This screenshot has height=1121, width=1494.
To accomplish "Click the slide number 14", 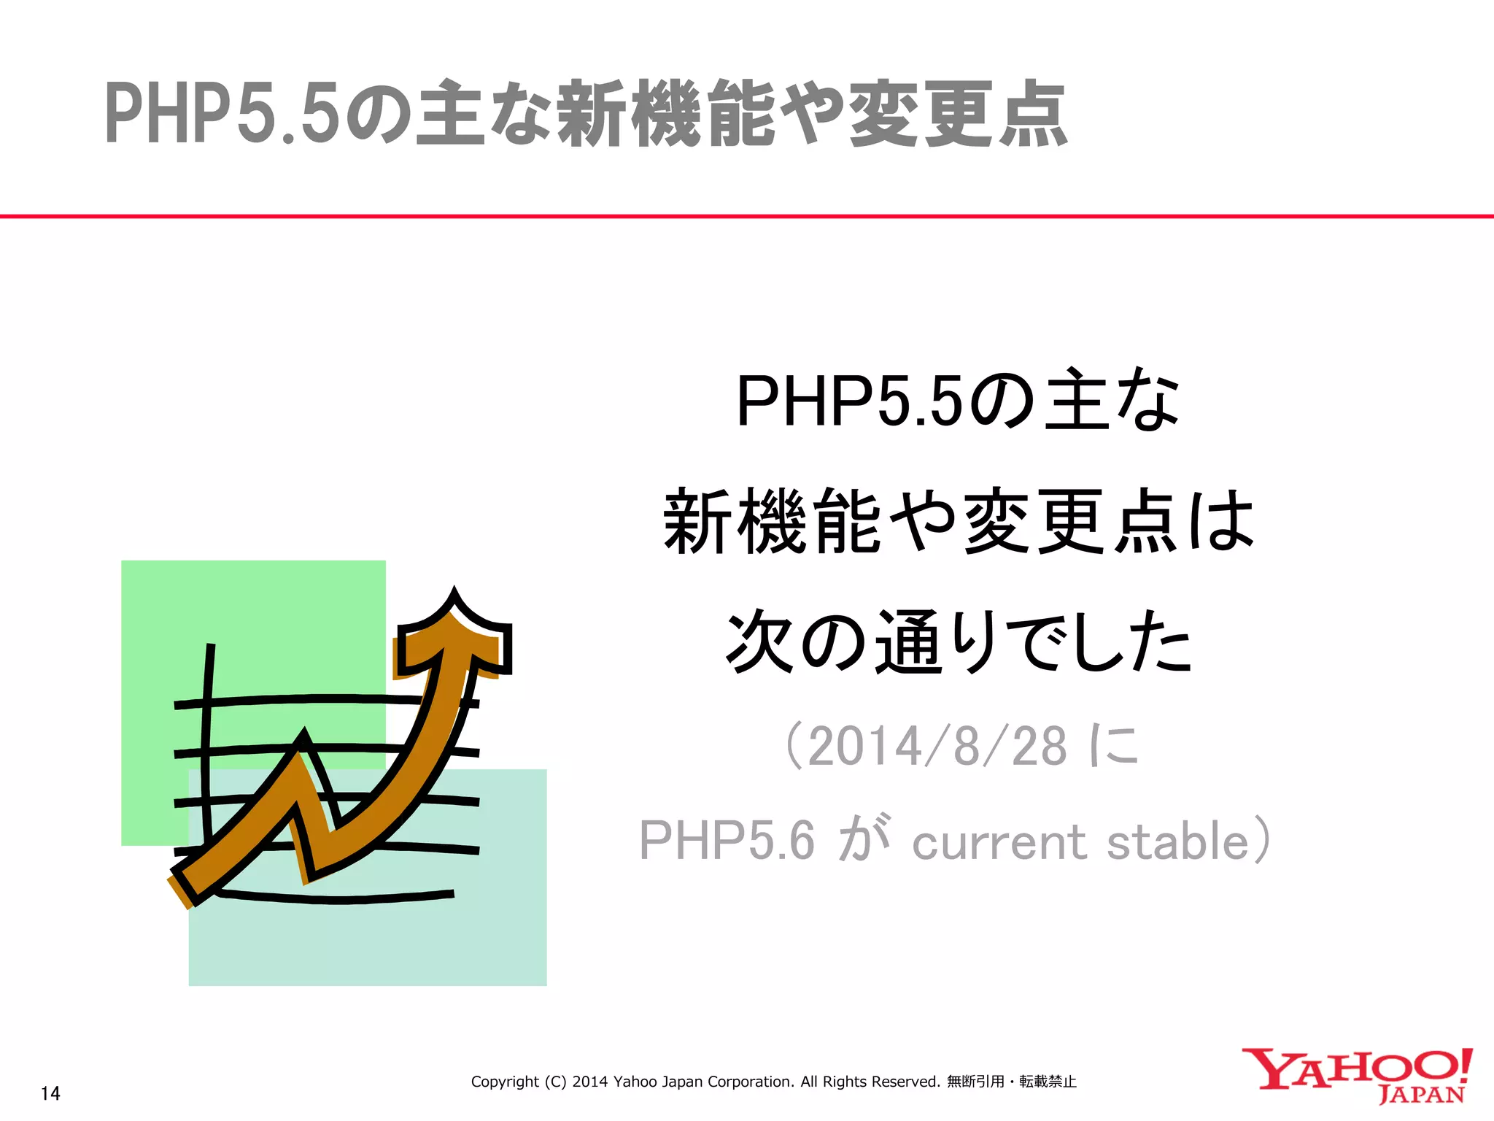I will [x=50, y=1093].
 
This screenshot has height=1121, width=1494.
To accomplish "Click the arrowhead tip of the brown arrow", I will [x=455, y=595].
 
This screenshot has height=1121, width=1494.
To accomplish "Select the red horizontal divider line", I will [x=747, y=216].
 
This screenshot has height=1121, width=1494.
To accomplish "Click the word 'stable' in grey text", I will [x=1178, y=842].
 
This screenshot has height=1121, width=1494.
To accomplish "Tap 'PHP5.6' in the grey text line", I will [x=727, y=841].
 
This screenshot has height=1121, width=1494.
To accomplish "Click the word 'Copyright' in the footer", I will [x=505, y=1082].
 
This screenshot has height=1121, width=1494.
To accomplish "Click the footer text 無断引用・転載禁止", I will [x=1012, y=1082].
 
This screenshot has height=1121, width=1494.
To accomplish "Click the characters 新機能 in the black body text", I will [x=773, y=521].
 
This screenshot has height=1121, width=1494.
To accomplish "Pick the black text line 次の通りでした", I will [x=959, y=642].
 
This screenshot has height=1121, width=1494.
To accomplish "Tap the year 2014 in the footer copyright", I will [x=590, y=1082].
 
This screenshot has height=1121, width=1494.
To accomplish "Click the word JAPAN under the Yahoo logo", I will [x=1422, y=1095].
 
